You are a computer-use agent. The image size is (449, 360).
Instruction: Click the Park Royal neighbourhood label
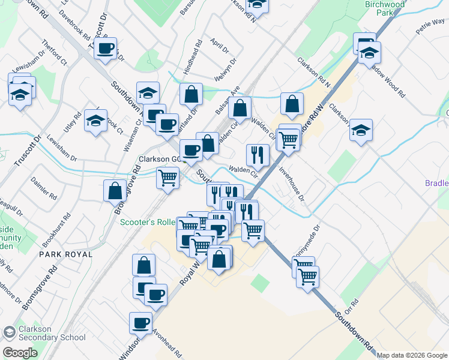[x=66, y=254]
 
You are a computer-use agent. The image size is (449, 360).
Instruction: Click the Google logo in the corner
[x=20, y=353]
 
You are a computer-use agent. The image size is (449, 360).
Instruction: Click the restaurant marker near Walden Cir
[x=258, y=155]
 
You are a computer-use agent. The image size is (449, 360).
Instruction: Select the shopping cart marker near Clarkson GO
[x=168, y=177]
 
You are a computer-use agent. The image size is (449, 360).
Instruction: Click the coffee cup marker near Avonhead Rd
[x=142, y=322]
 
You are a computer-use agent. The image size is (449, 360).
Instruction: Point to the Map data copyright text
[x=412, y=355]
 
